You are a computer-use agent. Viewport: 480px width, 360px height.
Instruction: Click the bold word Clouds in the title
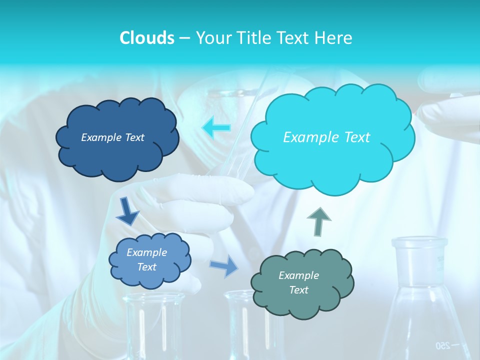147,38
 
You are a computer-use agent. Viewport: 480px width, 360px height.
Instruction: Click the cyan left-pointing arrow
216,128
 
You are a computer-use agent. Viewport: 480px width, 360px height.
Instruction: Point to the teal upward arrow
319,221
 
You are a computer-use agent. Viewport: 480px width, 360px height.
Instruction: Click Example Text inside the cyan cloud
326,137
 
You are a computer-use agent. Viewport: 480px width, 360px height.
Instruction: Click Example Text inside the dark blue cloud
112,137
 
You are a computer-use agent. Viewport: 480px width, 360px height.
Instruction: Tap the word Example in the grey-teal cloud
298,275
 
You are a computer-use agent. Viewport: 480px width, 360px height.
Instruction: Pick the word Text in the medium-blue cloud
147,267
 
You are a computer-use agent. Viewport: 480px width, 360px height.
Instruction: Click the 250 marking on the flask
441,345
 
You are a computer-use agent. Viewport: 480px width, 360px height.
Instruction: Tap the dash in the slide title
184,38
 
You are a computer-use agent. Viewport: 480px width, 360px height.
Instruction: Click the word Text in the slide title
293,38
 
